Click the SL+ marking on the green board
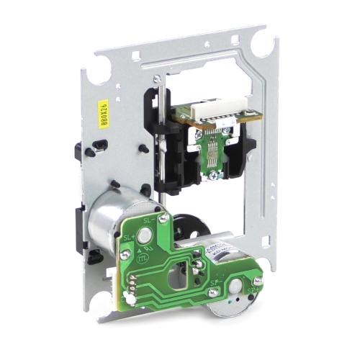[130, 240]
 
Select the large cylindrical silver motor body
[115, 220]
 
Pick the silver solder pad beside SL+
[146, 235]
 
